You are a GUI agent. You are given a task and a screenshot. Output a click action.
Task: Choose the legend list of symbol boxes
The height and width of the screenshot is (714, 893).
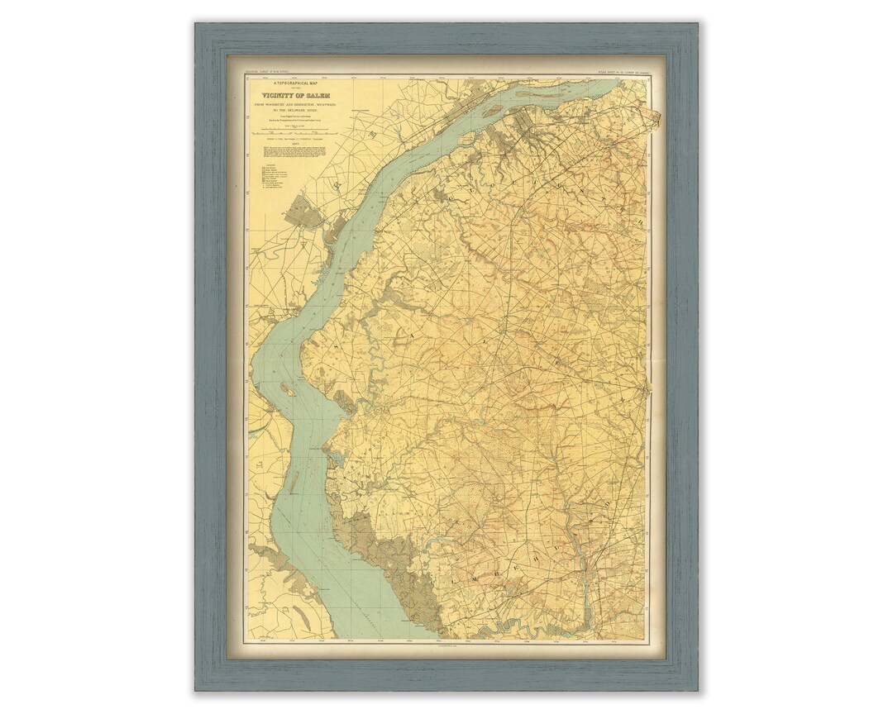click(x=272, y=178)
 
